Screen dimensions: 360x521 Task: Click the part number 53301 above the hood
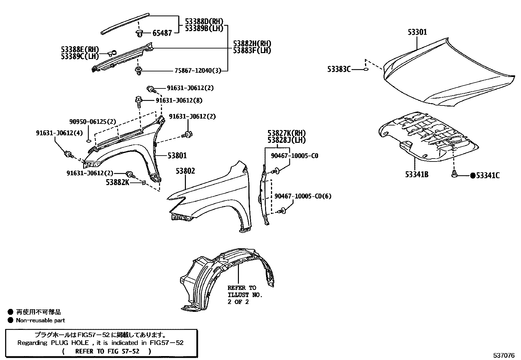[417, 32]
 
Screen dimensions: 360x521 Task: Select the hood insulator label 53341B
[417, 175]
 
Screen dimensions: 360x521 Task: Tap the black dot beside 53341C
[472, 176]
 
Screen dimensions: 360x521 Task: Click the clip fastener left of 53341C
[454, 174]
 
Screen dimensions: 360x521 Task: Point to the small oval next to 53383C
[366, 69]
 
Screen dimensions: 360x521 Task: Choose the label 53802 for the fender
[185, 171]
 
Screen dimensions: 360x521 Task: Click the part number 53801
[177, 156]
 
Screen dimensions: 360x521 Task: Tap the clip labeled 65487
[140, 33]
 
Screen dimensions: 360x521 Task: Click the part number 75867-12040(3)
[198, 70]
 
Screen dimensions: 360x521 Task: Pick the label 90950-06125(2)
[93, 122]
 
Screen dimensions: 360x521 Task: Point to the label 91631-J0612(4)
[59, 133]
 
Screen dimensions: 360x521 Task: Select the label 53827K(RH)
[286, 133]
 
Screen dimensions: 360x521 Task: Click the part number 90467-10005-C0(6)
[303, 196]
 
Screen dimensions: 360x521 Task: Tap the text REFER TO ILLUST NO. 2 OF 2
[245, 295]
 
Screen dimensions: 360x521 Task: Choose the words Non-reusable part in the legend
[41, 321]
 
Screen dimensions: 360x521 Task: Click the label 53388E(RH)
[80, 49]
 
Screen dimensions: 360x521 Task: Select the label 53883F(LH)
[252, 50]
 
